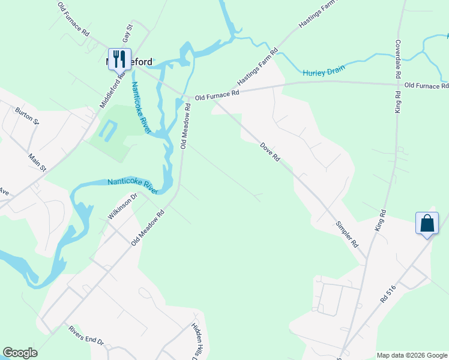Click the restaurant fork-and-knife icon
coord(119,58)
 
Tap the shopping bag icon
coord(427,223)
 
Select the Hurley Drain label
coord(324,71)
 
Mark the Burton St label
coord(26,116)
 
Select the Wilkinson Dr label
coord(123,206)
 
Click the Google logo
coord(20,353)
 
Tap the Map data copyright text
coord(411,355)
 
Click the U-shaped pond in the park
coord(107,130)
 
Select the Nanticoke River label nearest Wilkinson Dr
coord(132,186)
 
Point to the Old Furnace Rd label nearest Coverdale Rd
coord(426,86)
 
